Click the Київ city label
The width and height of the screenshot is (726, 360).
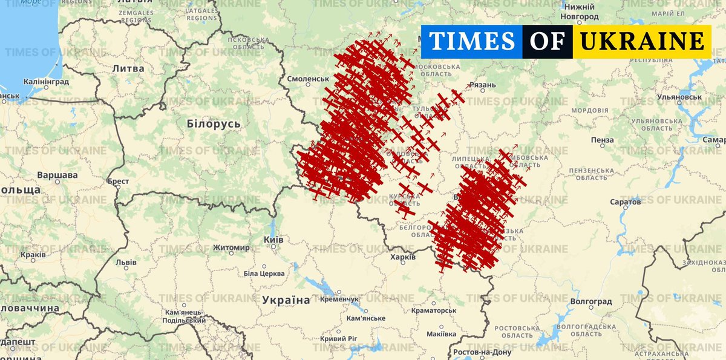pos(273,239)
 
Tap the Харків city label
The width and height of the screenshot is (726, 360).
pos(402,257)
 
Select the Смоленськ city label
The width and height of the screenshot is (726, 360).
pos(308,79)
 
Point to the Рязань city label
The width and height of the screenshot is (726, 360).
pos(482,85)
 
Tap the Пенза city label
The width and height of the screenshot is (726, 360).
pos(602,140)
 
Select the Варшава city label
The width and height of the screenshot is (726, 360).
pos(57,175)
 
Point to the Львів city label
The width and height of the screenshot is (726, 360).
pos(126,263)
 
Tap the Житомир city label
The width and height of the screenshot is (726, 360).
pos(231,247)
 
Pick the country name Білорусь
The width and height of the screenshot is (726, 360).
pos(214,124)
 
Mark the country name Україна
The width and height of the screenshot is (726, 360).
pos(286,300)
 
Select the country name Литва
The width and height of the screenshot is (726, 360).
pos(128,68)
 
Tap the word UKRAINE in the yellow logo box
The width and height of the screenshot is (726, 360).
pos(641,41)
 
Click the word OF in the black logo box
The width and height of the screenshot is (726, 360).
pos(548,41)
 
